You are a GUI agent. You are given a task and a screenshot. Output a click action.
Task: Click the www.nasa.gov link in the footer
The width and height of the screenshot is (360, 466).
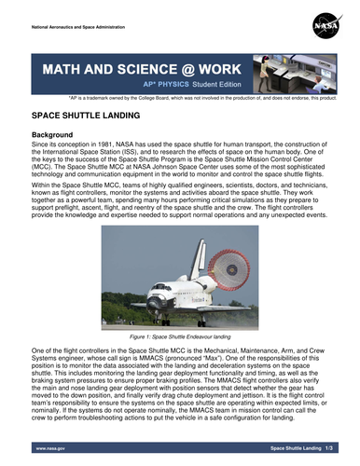click(x=51, y=447)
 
